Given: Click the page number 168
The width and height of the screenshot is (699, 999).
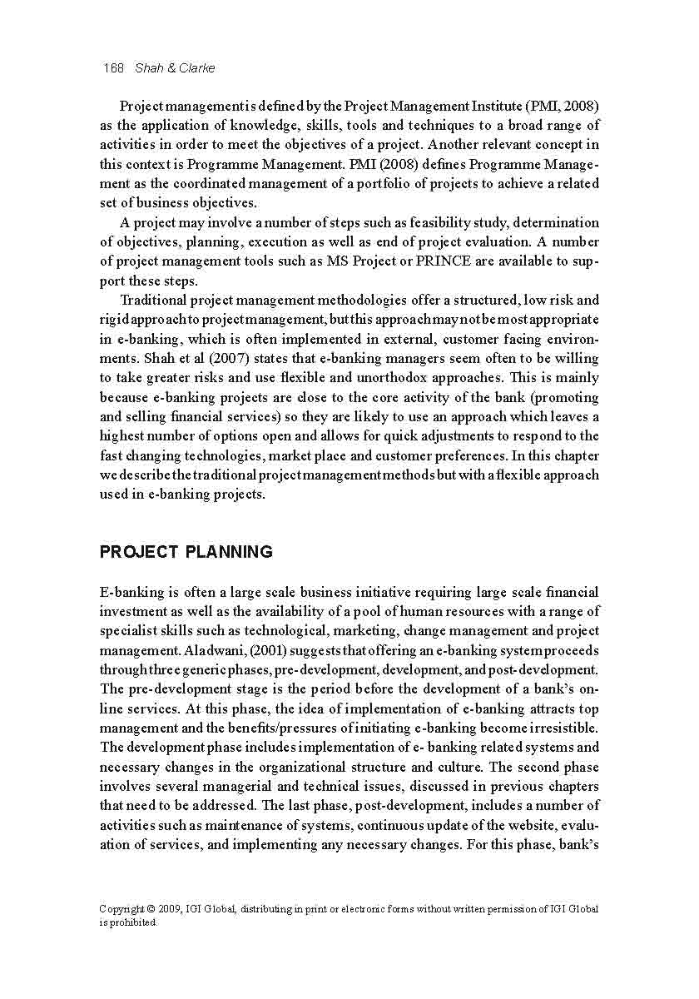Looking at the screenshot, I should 112,67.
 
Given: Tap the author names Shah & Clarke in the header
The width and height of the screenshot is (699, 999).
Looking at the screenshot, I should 175,67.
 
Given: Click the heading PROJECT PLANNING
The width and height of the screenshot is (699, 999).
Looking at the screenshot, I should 186,552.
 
